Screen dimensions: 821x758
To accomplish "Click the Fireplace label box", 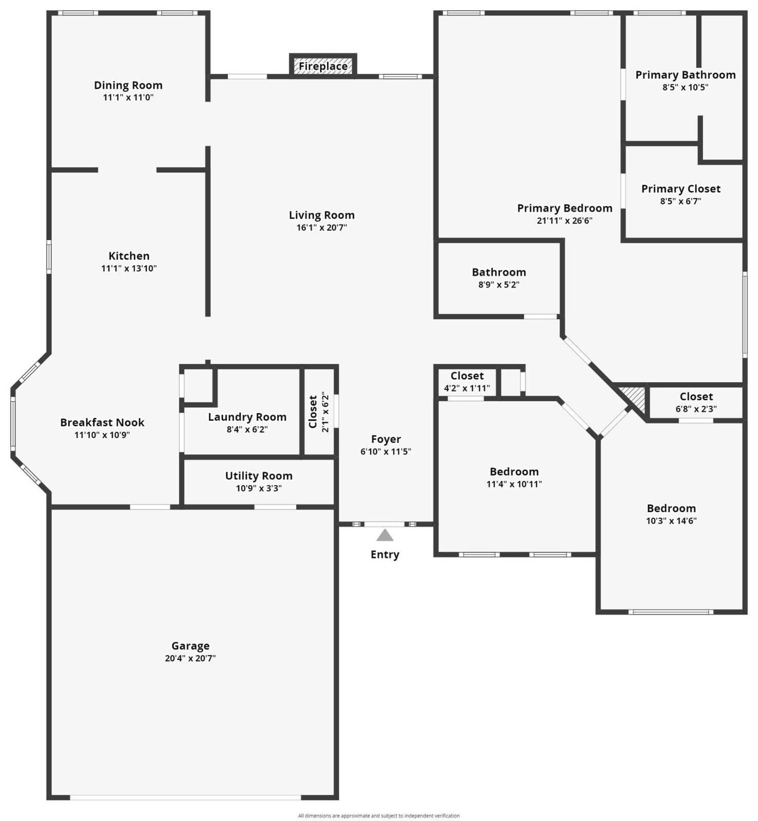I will [x=323, y=66].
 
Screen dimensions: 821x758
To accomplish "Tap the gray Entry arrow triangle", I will [x=384, y=536].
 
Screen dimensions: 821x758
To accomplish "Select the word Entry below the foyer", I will [x=384, y=554].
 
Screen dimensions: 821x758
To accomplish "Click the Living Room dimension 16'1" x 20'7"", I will [x=322, y=227].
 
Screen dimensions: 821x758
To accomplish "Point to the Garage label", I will [x=190, y=646].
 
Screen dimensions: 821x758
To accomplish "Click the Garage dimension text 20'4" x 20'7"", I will [x=190, y=658].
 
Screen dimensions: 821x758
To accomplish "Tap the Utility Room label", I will [x=259, y=476].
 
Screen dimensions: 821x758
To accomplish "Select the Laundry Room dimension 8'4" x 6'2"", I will [x=247, y=429].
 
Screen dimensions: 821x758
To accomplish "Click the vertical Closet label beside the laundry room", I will [x=313, y=412].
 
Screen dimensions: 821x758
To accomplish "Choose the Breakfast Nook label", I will [x=102, y=422].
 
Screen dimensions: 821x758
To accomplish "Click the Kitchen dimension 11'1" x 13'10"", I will [x=129, y=268].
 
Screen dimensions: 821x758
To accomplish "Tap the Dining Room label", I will [x=128, y=85].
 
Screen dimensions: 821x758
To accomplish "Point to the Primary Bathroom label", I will [x=685, y=75].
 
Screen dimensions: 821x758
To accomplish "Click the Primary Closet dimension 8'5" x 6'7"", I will [x=681, y=201].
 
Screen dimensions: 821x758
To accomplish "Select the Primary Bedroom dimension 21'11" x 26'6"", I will [x=565, y=221].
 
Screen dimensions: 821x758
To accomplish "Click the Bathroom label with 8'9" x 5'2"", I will [x=499, y=272].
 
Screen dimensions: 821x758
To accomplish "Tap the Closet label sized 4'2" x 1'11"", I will [x=467, y=376].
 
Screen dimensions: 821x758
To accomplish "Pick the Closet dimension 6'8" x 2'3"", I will [x=696, y=409].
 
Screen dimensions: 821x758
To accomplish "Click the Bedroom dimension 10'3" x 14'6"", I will [x=671, y=521].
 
